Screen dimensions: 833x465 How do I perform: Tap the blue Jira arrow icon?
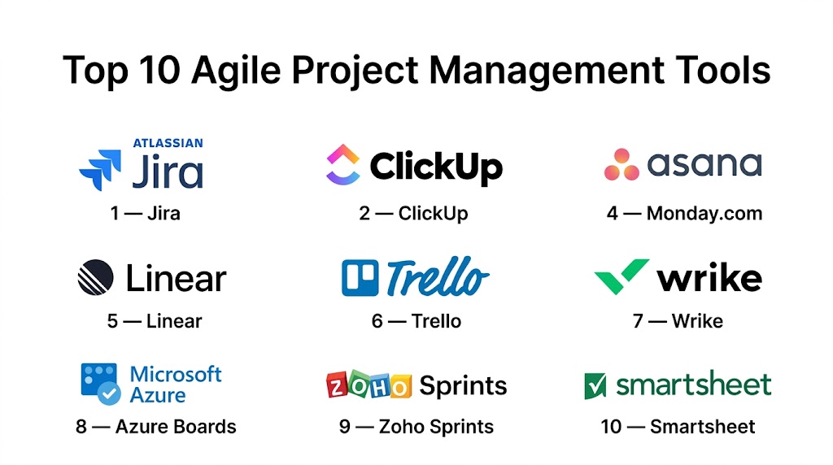100,169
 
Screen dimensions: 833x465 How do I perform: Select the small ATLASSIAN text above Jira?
168,143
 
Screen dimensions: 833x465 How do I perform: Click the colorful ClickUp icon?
342,164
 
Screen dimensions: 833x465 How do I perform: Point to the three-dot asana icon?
621,164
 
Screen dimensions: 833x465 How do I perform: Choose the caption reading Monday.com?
704,213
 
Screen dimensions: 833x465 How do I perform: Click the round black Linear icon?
96,277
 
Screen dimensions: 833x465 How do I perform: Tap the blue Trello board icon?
360,278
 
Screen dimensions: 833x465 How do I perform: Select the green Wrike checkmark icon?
621,276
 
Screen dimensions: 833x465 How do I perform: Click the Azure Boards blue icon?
100,384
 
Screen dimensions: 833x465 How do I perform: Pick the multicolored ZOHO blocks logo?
369,385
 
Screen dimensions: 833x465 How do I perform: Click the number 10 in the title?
159,70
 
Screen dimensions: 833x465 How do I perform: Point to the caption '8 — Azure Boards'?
156,426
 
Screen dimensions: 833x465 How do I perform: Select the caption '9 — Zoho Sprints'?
416,426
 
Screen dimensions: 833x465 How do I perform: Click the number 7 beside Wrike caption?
638,321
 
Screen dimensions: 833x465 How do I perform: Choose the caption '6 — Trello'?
416,321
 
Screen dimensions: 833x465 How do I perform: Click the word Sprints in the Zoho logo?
463,386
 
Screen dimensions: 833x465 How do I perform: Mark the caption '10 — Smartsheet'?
678,426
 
